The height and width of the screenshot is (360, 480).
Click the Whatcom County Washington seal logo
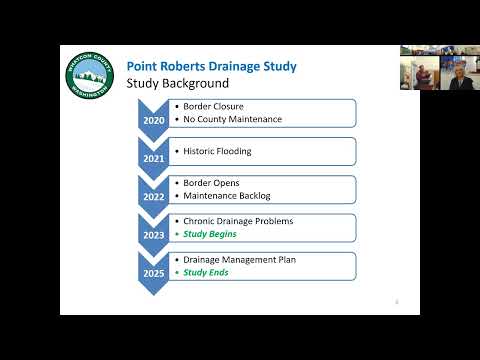(x=90, y=75)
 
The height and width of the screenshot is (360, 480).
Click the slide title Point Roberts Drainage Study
(x=212, y=67)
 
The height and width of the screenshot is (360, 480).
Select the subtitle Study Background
(x=178, y=83)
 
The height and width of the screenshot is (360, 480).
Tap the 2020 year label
(x=154, y=120)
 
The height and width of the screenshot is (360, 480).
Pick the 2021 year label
(x=154, y=159)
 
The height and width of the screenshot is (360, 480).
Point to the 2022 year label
(x=154, y=197)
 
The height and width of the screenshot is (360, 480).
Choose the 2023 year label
(x=154, y=235)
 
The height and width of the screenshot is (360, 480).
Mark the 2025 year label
(x=154, y=274)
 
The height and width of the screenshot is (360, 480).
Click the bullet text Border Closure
(x=213, y=106)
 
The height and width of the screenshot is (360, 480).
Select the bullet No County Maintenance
(x=233, y=119)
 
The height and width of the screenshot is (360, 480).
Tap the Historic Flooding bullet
(x=217, y=151)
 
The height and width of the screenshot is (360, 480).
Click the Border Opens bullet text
(x=211, y=183)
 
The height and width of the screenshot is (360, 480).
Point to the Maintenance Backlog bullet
(x=227, y=196)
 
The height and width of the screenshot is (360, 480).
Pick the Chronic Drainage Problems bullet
(x=238, y=221)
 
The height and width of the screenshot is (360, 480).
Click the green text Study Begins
(x=210, y=234)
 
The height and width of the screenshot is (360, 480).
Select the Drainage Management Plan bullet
(x=240, y=260)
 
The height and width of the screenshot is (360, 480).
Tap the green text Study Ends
(x=206, y=272)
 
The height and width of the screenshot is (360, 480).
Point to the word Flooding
(x=234, y=152)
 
